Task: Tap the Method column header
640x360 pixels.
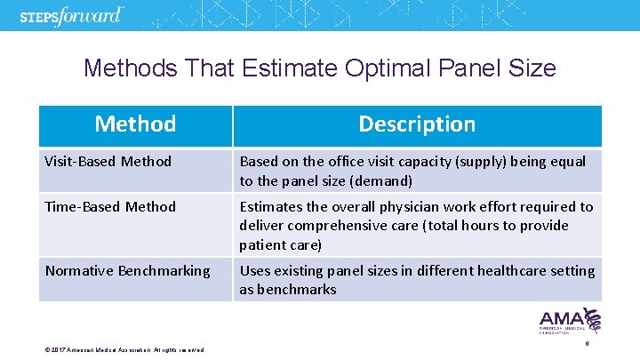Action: click(x=135, y=124)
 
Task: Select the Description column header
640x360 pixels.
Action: click(x=417, y=124)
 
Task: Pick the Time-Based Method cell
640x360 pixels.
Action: click(x=110, y=207)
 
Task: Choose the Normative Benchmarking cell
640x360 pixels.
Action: click(x=127, y=271)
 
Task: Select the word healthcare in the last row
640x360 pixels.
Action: click(x=507, y=271)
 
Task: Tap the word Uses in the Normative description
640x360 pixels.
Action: click(x=255, y=271)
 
